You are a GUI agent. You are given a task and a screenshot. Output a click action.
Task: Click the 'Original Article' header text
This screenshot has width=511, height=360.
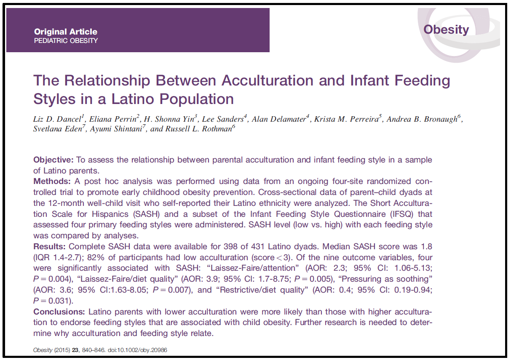[65, 32]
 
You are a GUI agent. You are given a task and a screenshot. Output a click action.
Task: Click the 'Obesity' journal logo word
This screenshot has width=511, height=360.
[446, 29]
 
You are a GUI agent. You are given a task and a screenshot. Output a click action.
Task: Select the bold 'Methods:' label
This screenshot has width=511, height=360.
[53, 181]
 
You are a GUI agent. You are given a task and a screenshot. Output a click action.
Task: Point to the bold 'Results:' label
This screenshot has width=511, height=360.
[50, 246]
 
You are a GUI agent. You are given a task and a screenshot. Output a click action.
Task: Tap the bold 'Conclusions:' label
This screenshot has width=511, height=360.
[59, 312]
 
